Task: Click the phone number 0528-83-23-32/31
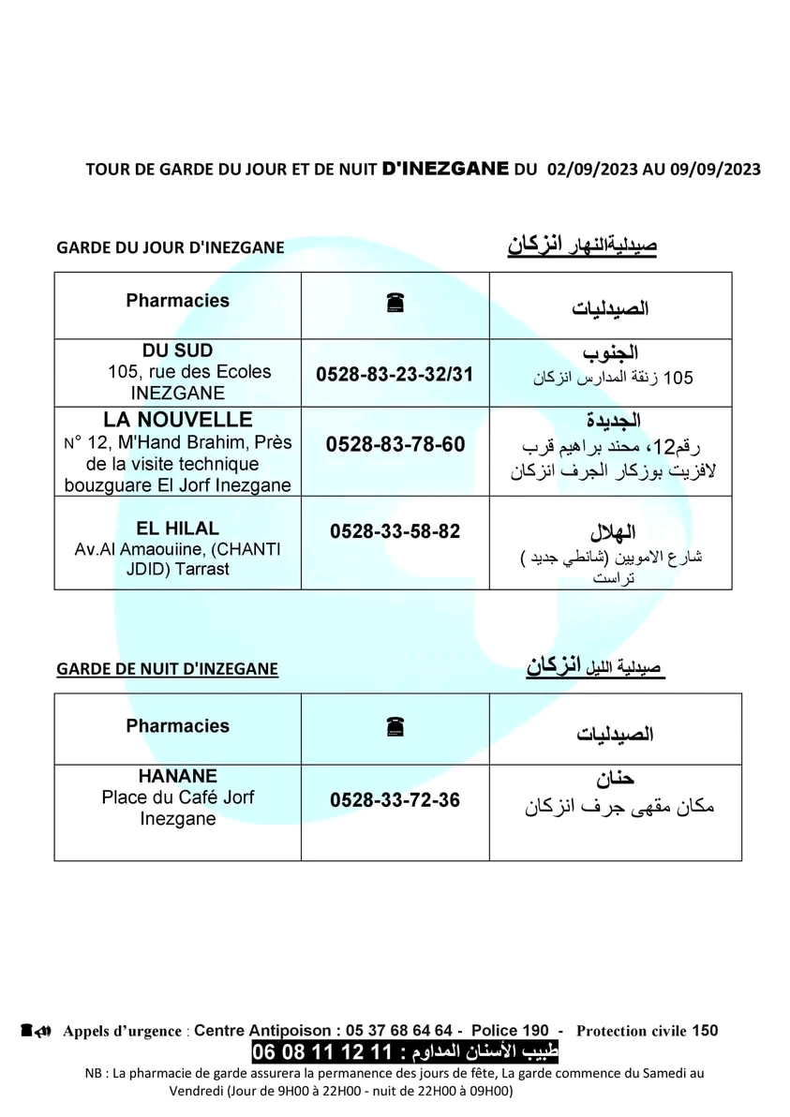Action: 395,374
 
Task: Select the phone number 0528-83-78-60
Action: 395,444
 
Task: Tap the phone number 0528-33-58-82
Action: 395,531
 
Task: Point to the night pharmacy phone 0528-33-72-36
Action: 395,801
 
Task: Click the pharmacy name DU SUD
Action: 177,350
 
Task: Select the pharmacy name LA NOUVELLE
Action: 177,420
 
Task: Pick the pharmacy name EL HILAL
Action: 177,529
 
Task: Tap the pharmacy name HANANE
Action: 177,776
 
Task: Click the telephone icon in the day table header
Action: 395,303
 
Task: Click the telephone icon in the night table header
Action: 395,727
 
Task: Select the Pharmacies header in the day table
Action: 177,301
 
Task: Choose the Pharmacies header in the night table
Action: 177,725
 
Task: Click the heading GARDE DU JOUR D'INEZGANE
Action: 171,247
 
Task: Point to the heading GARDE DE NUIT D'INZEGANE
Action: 168,669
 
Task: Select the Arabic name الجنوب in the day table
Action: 611,353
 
